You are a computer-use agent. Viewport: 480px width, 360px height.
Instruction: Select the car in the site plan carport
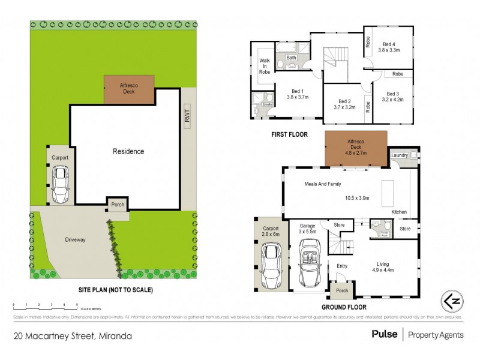[60, 183]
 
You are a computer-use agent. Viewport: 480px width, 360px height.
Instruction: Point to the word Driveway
[76, 240]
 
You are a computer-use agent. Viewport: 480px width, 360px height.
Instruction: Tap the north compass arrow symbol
[453, 300]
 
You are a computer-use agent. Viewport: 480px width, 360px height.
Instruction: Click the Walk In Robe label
[265, 66]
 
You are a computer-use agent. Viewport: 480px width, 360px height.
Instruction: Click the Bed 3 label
[393, 94]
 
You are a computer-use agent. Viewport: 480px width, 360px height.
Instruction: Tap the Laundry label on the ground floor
[400, 155]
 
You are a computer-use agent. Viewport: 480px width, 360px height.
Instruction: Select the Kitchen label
[399, 212]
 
